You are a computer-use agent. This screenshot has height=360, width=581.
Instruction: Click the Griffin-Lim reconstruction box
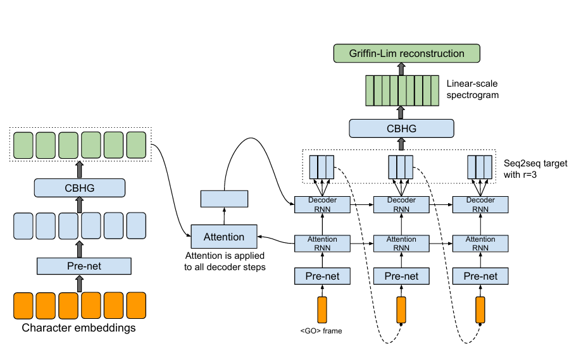pos(406,53)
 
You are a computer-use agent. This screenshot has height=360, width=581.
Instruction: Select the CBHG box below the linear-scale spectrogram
pos(401,128)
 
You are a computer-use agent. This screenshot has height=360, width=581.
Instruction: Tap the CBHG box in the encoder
pos(80,188)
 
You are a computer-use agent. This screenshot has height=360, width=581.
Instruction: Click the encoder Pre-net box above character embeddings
pos(84,266)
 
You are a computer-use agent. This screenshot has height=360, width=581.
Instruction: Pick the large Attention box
pos(224,236)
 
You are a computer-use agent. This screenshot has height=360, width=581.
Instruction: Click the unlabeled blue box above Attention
pos(224,199)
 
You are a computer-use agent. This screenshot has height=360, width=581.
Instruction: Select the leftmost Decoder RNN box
pos(322,205)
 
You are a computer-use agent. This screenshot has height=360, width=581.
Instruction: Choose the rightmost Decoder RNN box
pos(480,205)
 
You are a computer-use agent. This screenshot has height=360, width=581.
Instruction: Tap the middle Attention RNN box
pos(401,244)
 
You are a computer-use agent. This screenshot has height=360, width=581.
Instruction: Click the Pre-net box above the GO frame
pos(322,276)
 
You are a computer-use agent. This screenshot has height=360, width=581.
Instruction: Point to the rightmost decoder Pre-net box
pos(480,276)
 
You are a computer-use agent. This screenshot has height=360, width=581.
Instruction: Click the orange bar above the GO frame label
pos(322,309)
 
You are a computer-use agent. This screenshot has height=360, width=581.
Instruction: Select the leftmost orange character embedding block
pos(23,306)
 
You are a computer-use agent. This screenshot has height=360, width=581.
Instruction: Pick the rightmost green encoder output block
pos(136,145)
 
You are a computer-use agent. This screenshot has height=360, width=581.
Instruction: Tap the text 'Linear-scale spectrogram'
pos(472,89)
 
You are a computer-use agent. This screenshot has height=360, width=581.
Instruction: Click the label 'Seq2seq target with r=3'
pos(535,169)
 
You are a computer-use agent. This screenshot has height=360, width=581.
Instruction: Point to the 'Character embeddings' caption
pos(78,328)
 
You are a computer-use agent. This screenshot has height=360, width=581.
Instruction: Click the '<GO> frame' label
pos(322,331)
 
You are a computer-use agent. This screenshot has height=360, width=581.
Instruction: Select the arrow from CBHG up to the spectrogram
pos(401,113)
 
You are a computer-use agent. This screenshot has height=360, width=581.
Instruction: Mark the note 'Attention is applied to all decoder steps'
pos(225,261)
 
